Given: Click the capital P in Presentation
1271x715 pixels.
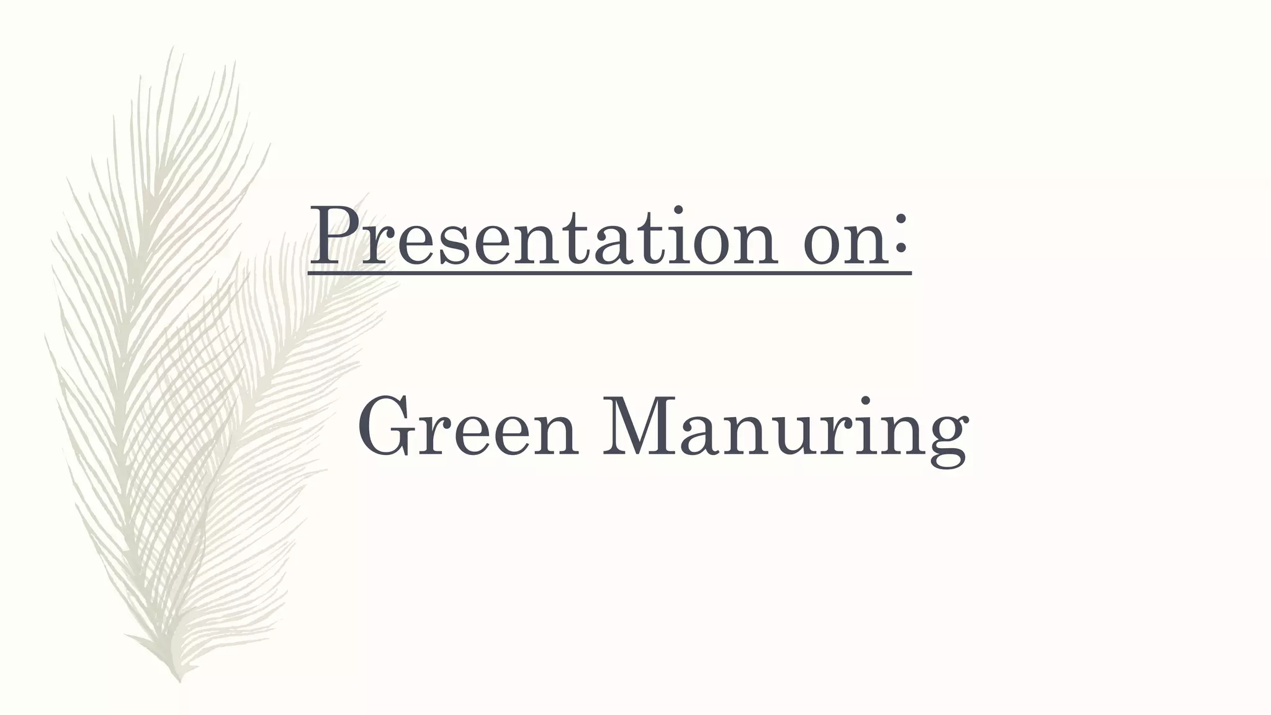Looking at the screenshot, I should [x=336, y=235].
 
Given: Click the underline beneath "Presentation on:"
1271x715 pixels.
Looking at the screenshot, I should [x=610, y=272].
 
